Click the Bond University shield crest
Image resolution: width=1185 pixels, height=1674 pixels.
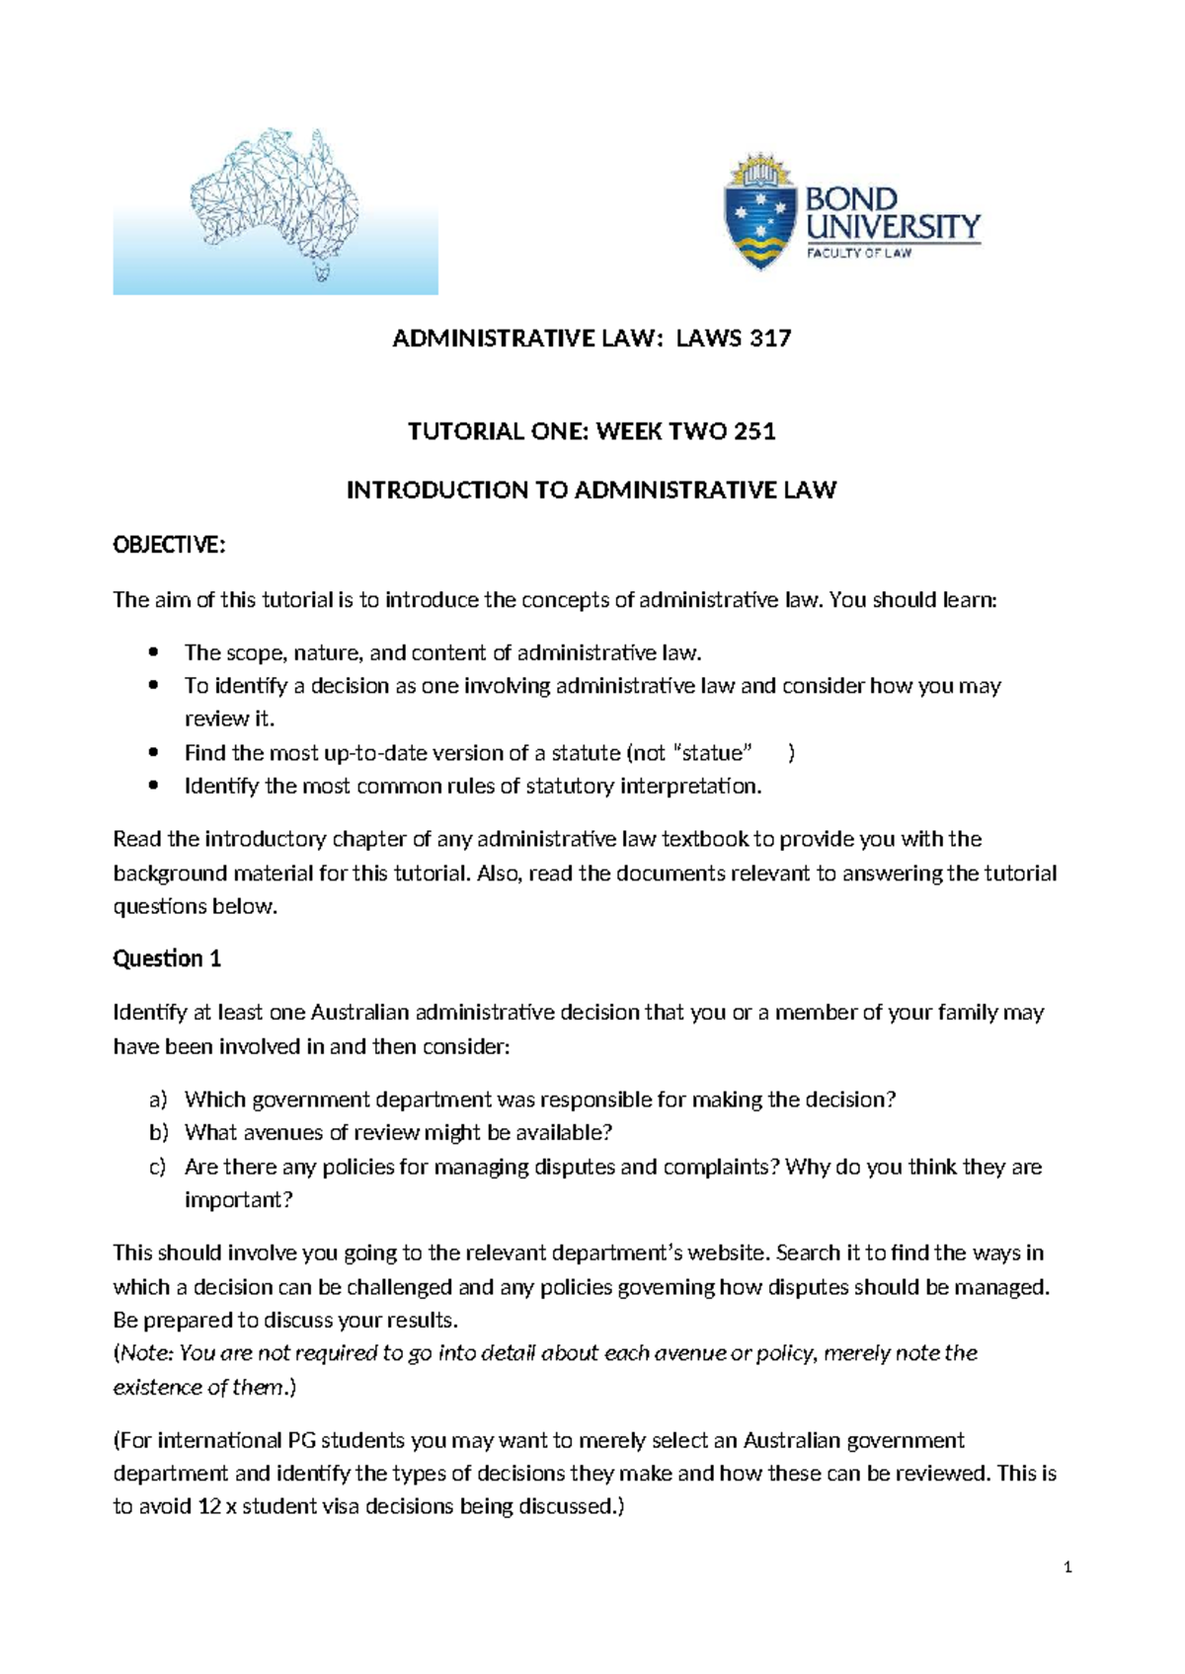pos(759,212)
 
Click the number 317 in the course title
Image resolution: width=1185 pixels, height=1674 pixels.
pos(770,339)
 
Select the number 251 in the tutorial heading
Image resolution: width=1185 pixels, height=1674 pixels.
pos(754,431)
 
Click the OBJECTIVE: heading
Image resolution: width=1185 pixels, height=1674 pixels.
pos(169,545)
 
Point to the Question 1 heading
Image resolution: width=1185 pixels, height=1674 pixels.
pos(167,958)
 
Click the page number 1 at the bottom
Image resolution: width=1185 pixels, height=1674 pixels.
pos(1067,1567)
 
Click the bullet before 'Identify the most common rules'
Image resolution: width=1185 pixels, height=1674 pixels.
pos(152,787)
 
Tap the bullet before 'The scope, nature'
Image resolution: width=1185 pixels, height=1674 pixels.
pos(152,652)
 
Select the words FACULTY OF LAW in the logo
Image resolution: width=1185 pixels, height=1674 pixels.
pos(858,254)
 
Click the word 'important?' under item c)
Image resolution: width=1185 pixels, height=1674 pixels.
pos(238,1200)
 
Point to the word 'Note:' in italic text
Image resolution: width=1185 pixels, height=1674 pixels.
pos(146,1353)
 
